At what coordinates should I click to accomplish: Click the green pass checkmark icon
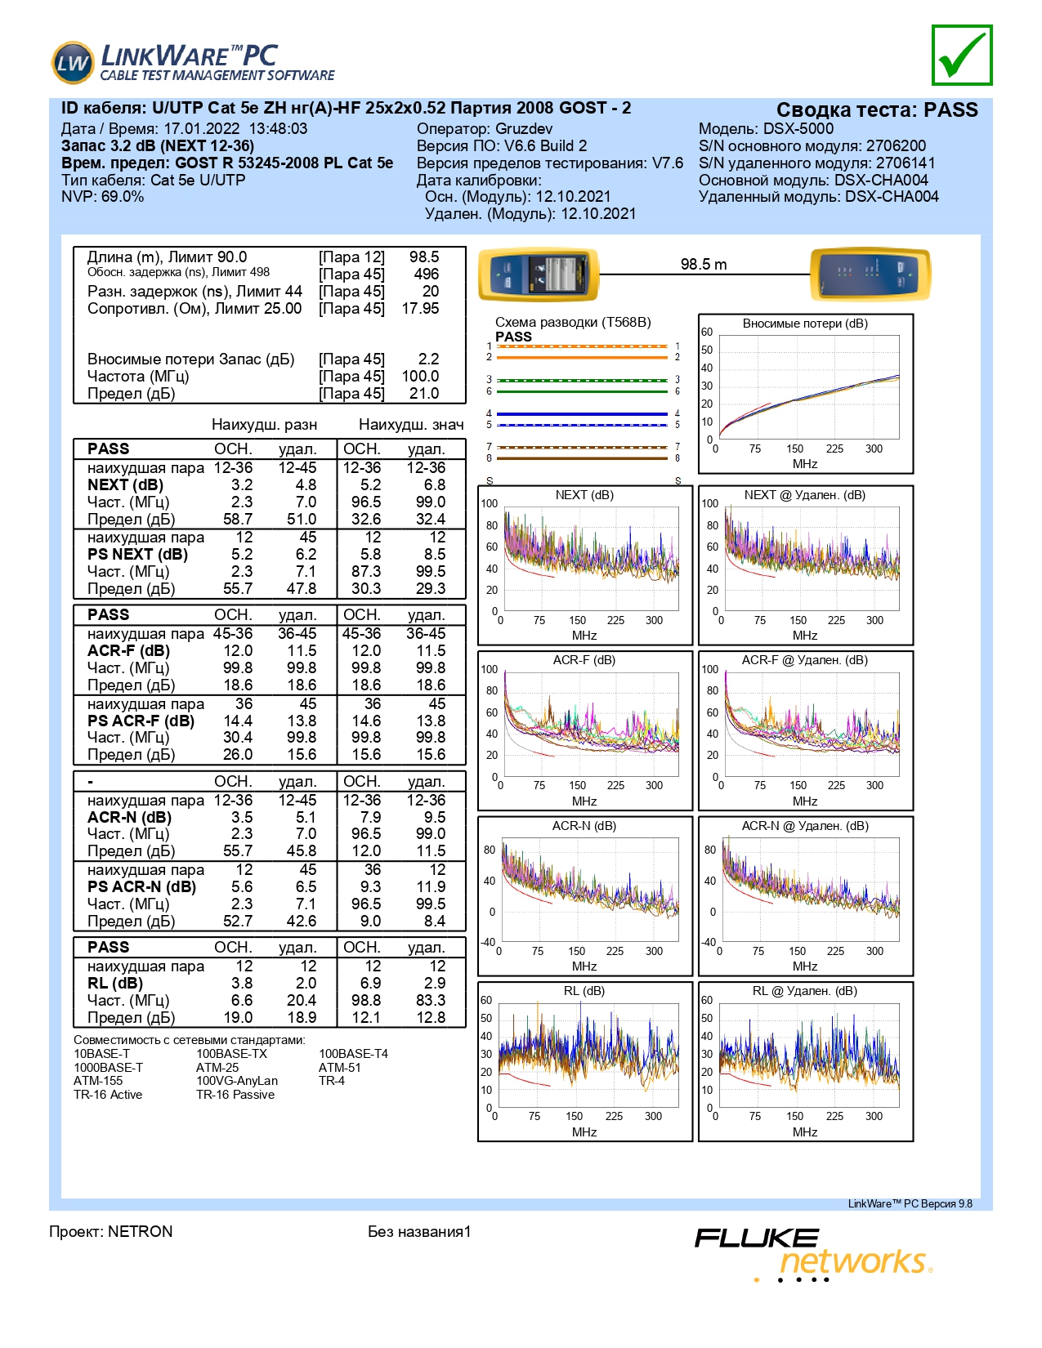(961, 56)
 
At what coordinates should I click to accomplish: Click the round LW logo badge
(72, 63)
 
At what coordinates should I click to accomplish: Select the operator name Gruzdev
(523, 129)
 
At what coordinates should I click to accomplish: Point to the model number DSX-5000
(798, 128)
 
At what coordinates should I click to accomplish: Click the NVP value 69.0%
(123, 197)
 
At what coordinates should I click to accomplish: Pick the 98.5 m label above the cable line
(703, 264)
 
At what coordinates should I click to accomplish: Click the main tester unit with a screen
(539, 275)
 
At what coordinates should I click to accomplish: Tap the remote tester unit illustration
(870, 275)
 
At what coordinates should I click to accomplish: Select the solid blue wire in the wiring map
(582, 413)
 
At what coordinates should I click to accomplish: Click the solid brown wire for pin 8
(582, 458)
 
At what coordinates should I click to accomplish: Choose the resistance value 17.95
(420, 308)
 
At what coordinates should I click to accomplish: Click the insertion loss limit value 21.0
(424, 393)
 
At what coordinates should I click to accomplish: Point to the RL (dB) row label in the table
(114, 984)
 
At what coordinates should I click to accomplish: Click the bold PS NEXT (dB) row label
(137, 554)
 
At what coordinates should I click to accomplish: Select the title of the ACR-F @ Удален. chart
(804, 660)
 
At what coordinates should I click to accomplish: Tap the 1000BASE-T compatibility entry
(108, 1068)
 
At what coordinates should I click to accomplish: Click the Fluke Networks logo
(814, 1254)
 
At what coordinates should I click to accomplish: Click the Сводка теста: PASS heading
(877, 109)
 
